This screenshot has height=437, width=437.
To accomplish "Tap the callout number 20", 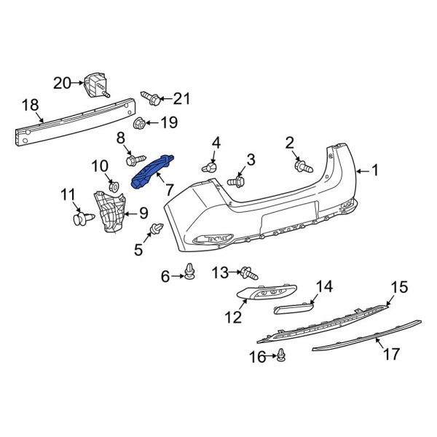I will (63, 83).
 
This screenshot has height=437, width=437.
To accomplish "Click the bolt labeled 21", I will (149, 97).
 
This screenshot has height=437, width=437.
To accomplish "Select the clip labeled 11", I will (82, 216).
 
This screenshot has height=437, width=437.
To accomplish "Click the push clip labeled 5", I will (155, 231).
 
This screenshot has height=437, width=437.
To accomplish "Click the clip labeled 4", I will (211, 168).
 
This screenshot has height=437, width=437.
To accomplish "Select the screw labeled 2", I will (299, 167).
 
